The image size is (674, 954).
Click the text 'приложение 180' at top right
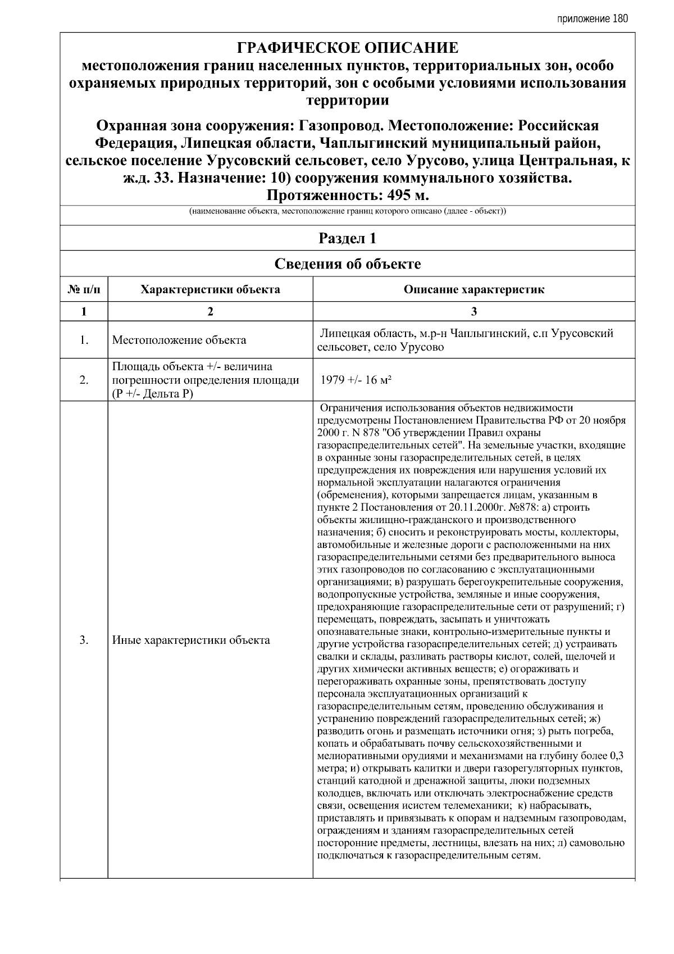[592, 19]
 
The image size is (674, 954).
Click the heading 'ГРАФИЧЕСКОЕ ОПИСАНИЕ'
[348, 48]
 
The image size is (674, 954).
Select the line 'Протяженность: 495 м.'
[348, 196]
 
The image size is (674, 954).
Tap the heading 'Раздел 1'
[348, 238]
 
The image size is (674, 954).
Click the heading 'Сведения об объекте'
[348, 264]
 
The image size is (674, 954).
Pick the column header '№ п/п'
[84, 290]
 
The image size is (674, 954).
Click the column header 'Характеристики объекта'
[210, 290]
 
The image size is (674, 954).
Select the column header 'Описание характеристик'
[473, 290]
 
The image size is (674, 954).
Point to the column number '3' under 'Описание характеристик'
[473, 312]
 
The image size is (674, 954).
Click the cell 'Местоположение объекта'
[179, 340]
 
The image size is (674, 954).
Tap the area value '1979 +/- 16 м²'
[356, 380]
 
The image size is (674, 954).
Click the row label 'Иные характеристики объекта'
[191, 640]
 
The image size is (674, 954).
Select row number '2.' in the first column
[84, 380]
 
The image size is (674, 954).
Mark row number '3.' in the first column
[84, 640]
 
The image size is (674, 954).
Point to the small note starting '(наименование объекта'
[348, 212]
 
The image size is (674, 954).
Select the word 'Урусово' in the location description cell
[422, 347]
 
